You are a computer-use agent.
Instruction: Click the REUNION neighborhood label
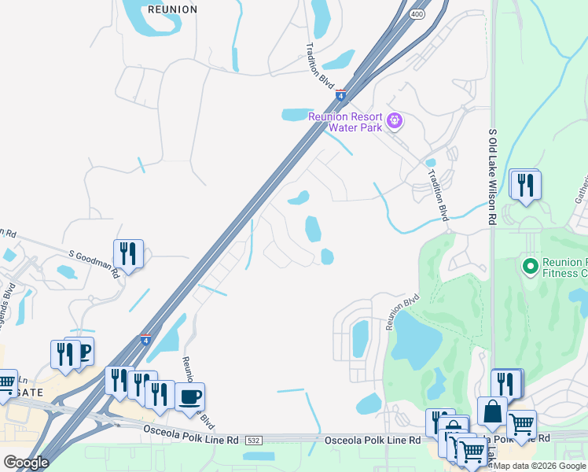171,9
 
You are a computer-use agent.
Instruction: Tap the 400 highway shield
417,14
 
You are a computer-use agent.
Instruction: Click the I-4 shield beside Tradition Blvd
341,95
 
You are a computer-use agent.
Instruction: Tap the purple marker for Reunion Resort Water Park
395,121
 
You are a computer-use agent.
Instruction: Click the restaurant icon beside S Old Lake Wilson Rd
524,185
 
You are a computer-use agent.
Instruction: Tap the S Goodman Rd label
94,264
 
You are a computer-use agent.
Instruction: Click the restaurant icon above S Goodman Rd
128,253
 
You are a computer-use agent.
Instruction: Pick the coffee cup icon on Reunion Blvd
189,395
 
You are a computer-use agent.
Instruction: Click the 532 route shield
252,440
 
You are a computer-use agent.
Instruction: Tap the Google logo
26,463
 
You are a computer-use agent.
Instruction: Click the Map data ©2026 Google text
539,466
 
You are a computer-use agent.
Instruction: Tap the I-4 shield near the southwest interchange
145,340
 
